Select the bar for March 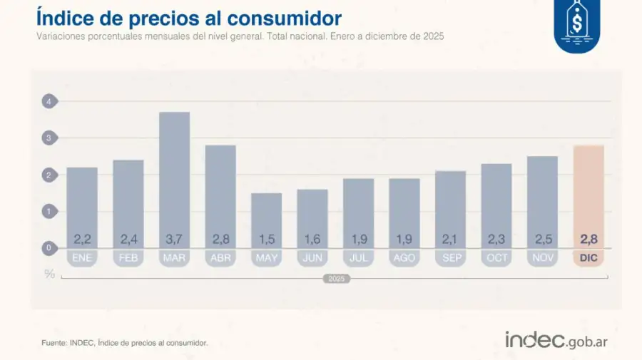174,178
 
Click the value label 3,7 174,238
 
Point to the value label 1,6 312,238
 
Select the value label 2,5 542,238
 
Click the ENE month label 82,258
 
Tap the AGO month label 404,258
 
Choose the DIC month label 588,258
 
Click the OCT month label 496,258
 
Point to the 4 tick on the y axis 49,101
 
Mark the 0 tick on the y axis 49,248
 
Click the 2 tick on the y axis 49,175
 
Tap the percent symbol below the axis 49,274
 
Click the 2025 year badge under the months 335,279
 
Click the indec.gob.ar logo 556,341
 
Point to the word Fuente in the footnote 54,343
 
